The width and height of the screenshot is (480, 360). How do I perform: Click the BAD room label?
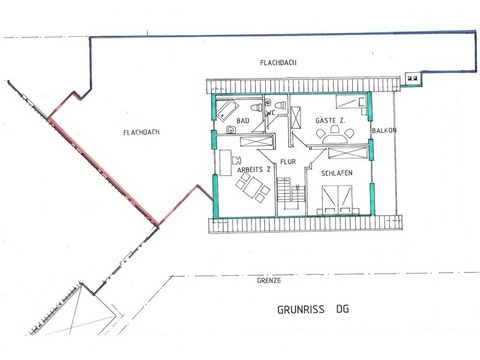(243, 121)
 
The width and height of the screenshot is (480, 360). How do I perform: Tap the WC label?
(270, 113)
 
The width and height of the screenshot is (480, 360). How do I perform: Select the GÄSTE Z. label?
(330, 121)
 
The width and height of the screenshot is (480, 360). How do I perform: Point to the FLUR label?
(288, 162)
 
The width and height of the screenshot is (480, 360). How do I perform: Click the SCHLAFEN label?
(337, 173)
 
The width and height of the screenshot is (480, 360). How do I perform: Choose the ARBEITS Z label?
(254, 170)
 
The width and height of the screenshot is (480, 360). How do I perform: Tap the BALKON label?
(384, 130)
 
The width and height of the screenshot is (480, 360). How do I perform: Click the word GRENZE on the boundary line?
(269, 281)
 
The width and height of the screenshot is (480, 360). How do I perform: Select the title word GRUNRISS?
(301, 309)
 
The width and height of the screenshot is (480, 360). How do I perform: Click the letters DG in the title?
(343, 309)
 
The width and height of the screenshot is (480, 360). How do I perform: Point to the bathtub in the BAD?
(228, 110)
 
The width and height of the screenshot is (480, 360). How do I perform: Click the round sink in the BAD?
(230, 130)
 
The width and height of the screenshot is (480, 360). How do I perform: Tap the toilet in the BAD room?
(257, 108)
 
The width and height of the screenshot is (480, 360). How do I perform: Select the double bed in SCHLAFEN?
(338, 199)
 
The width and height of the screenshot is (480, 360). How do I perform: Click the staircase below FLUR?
(291, 193)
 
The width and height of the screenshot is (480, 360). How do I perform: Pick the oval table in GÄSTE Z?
(335, 138)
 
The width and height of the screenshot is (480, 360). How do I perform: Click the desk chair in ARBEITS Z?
(236, 160)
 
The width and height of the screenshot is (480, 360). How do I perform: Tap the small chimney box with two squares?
(413, 78)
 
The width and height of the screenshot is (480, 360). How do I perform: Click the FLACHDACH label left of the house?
(141, 132)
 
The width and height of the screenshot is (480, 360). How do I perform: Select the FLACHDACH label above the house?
(278, 63)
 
